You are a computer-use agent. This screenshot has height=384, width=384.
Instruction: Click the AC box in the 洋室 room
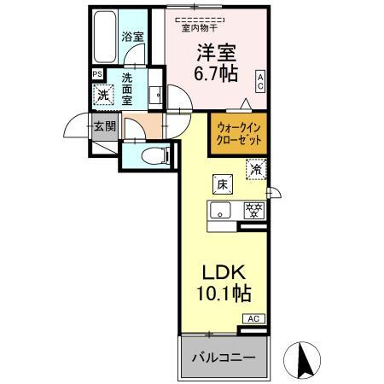260,81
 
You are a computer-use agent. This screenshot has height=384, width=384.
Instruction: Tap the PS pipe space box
96,74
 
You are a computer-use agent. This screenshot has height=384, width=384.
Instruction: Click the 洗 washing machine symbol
102,96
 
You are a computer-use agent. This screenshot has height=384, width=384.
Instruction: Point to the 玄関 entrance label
104,127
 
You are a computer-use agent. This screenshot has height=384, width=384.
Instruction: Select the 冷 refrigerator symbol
255,170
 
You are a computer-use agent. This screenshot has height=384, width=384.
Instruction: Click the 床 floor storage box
219,182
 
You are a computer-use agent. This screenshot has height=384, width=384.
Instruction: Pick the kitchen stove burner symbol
252,210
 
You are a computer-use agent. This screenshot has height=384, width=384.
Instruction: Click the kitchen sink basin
221,210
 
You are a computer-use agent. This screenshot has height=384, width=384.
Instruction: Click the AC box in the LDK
254,318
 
